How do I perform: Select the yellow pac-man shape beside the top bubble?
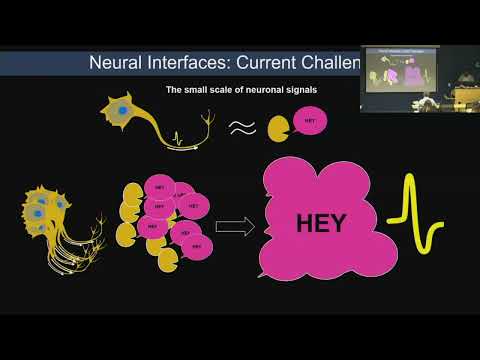pyautogui.click(x=280, y=127)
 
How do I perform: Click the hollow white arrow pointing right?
pyautogui.click(x=236, y=226)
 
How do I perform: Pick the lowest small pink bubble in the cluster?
pyautogui.click(x=195, y=245)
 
